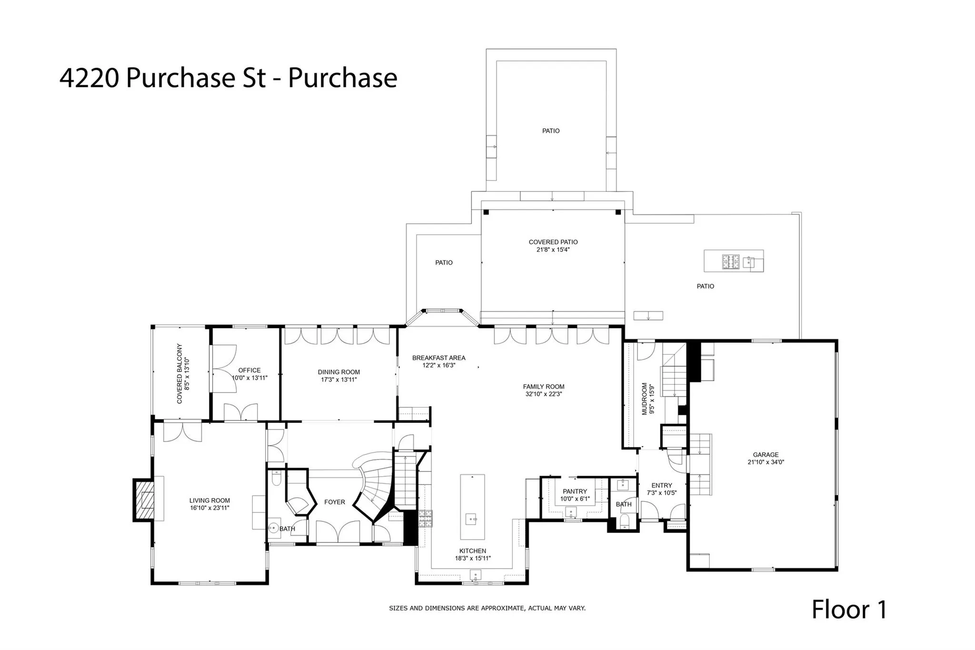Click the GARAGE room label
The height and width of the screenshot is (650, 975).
[x=766, y=455]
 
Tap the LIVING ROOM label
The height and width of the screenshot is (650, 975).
[x=209, y=500]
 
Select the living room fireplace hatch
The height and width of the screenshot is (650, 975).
[x=145, y=500]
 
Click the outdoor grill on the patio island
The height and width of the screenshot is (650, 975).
[x=731, y=261]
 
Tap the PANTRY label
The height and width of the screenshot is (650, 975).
[x=575, y=491]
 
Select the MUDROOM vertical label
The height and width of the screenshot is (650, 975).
[x=645, y=399]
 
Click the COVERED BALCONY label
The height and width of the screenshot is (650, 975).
[x=179, y=374]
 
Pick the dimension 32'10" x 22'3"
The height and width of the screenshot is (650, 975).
[x=544, y=394]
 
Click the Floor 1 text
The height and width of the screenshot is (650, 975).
[x=849, y=610]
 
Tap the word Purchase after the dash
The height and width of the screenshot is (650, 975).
[x=342, y=78]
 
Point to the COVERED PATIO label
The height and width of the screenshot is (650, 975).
[x=553, y=242]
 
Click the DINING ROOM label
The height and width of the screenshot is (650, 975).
[x=339, y=372]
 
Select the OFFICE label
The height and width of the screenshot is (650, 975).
[x=249, y=370]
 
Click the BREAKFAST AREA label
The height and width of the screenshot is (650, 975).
[x=438, y=358]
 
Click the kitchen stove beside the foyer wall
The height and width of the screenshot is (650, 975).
[x=425, y=518]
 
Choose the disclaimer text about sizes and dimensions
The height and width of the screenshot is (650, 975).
[x=487, y=608]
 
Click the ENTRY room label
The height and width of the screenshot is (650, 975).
[x=661, y=485]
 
